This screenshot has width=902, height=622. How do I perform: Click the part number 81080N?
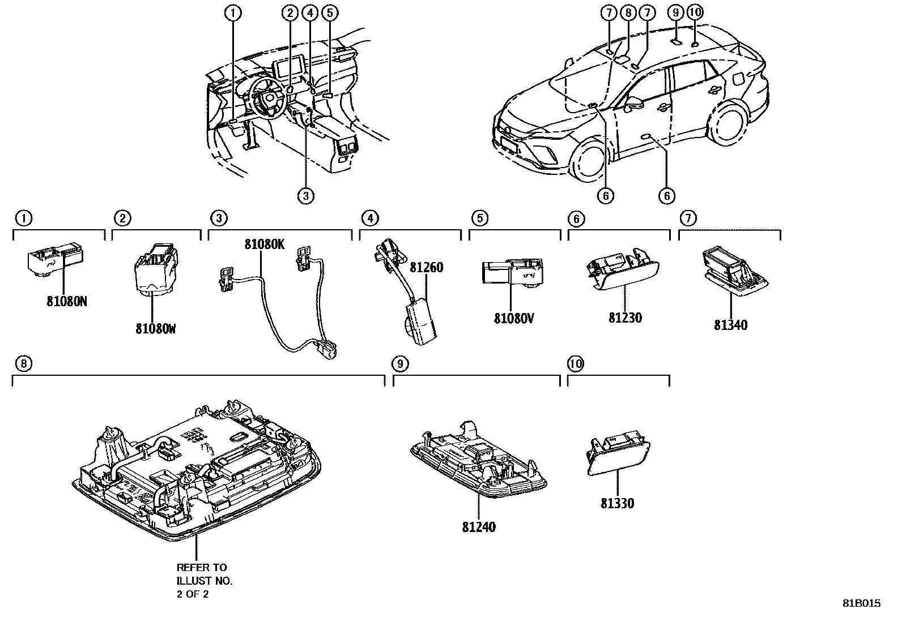pyautogui.click(x=67, y=302)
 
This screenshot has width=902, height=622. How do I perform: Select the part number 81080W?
pyautogui.click(x=155, y=328)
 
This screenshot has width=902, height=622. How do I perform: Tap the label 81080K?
pyautogui.click(x=264, y=244)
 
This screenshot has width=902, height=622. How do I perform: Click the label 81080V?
pyautogui.click(x=514, y=319)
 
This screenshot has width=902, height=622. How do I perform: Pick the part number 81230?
pyautogui.click(x=625, y=318)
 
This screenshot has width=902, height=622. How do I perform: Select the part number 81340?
pyautogui.click(x=730, y=325)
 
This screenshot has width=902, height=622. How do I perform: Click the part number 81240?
pyautogui.click(x=478, y=527)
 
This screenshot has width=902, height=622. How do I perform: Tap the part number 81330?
pyautogui.click(x=617, y=503)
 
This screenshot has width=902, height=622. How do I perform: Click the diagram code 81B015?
pyautogui.click(x=861, y=603)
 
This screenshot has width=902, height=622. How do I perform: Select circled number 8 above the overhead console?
pyautogui.click(x=23, y=364)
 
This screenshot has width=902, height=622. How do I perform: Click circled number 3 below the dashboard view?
pyautogui.click(x=305, y=196)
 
